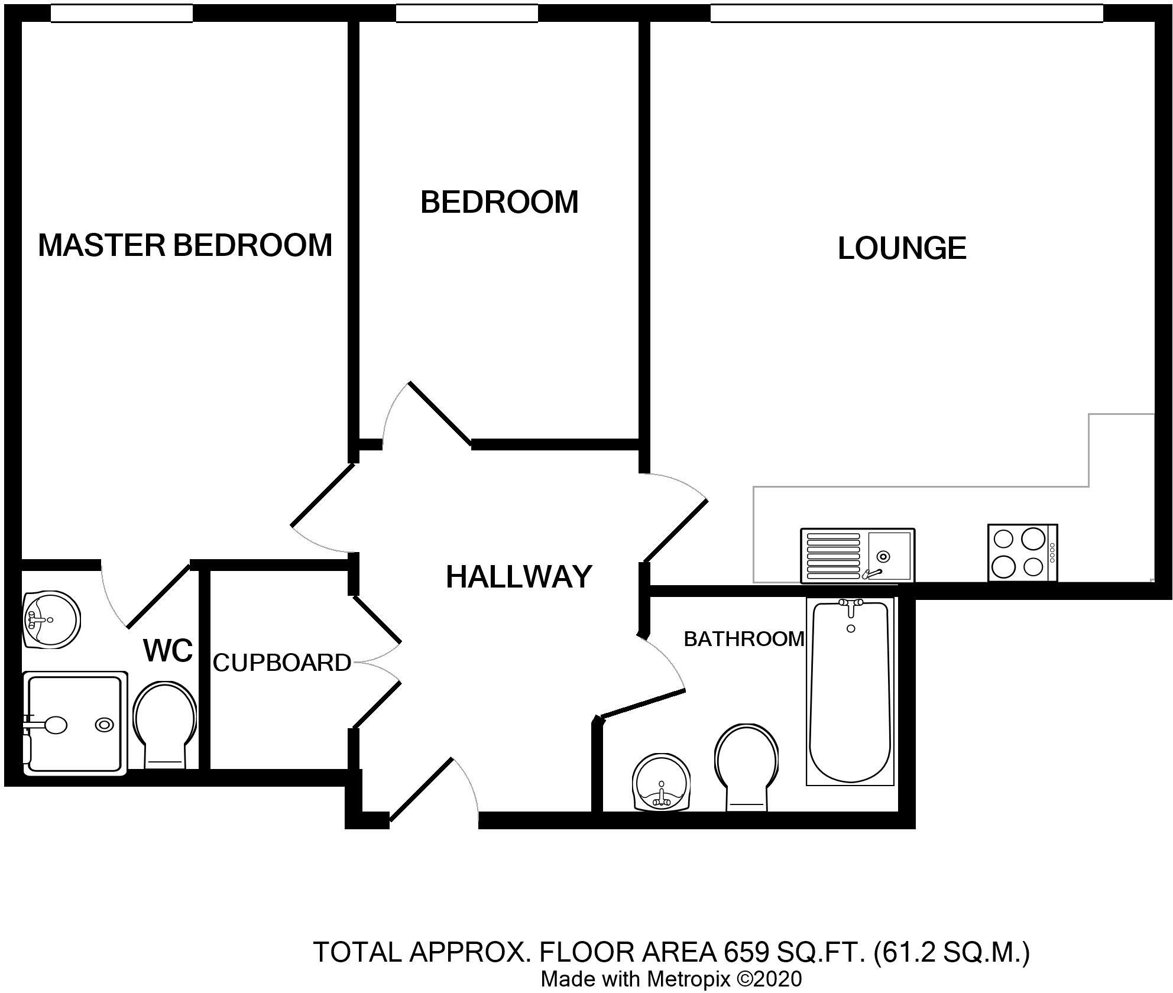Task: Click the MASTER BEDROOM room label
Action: (x=185, y=245)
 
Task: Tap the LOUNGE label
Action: (x=902, y=248)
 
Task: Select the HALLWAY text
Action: (x=519, y=577)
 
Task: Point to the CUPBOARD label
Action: (x=282, y=663)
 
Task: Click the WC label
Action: (x=168, y=651)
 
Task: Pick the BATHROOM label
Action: (x=744, y=638)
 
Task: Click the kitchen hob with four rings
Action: (x=1022, y=553)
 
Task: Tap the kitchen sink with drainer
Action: (x=857, y=556)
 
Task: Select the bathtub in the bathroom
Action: (x=851, y=692)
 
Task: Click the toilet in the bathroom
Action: (x=746, y=767)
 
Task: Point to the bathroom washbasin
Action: (x=662, y=781)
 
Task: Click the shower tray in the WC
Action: (x=74, y=723)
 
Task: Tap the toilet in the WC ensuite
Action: (x=166, y=725)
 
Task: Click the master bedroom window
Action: (x=122, y=14)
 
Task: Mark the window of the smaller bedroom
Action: (x=467, y=14)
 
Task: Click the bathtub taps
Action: (x=851, y=606)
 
